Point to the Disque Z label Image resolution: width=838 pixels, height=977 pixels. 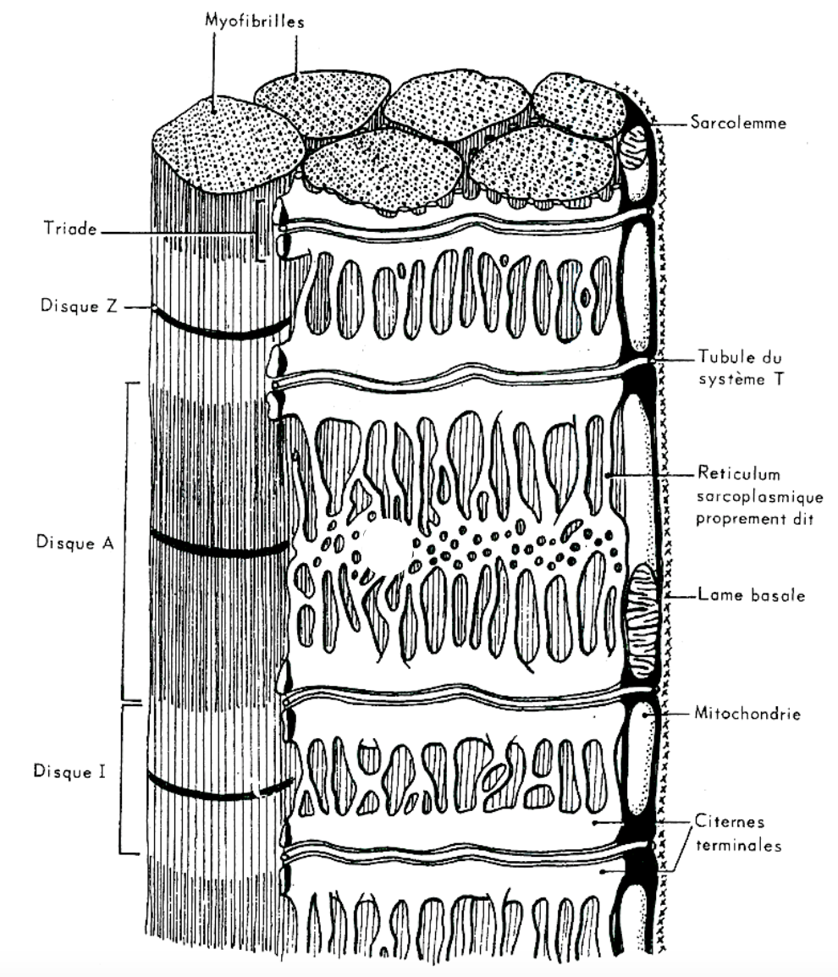(x=78, y=306)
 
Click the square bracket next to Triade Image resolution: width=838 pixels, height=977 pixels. (x=262, y=229)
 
